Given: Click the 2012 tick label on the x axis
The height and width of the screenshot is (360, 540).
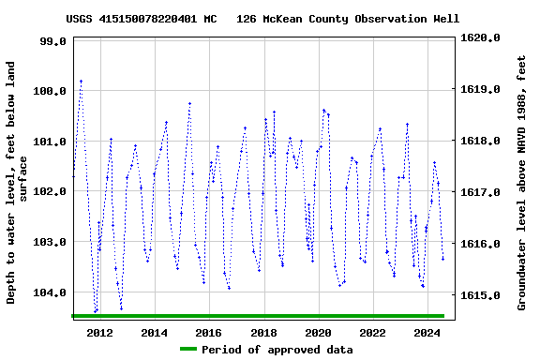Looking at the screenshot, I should coord(99,333).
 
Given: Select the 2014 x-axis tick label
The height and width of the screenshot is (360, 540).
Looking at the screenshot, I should coord(154,333).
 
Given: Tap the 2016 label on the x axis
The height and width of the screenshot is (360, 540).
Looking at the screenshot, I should coord(208,333).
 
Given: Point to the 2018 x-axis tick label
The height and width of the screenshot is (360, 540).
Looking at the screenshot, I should coord(263,333).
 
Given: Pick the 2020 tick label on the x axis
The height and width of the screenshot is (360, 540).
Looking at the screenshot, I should coord(318,333).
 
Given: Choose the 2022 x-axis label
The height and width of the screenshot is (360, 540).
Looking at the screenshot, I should coord(372,333).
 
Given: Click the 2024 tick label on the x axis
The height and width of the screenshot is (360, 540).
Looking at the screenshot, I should coord(427,333).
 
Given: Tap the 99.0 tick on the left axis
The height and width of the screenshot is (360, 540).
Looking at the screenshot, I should coord(51,41).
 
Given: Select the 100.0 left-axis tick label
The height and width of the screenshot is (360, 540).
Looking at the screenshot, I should coord(47,92).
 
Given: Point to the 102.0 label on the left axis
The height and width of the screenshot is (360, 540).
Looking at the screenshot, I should coord(47,191).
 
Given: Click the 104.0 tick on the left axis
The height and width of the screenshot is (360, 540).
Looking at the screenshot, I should coord(47,292).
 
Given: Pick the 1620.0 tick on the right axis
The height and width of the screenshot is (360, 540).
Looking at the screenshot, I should coord(481,38).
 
